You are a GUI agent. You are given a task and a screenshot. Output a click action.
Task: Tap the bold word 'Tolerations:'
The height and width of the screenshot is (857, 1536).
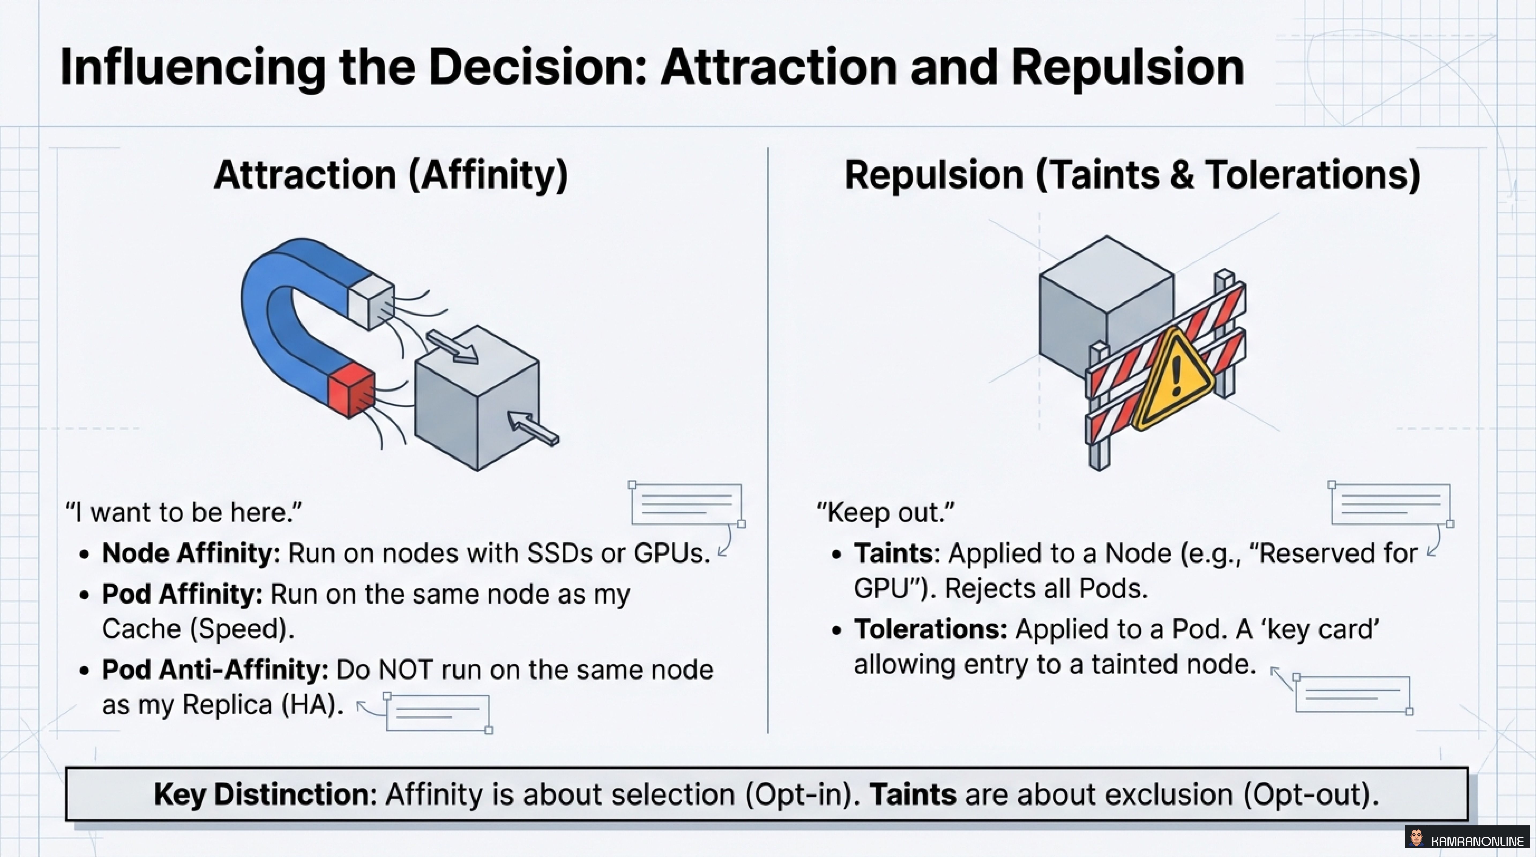[930, 629]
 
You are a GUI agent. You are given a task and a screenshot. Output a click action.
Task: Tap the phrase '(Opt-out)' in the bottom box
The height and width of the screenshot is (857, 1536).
[1311, 794]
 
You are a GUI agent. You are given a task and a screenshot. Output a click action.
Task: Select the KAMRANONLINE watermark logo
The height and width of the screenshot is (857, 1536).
[1468, 840]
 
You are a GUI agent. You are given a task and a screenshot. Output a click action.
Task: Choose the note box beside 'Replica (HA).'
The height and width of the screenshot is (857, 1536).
[438, 713]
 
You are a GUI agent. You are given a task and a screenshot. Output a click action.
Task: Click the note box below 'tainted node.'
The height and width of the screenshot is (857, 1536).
[1352, 694]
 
